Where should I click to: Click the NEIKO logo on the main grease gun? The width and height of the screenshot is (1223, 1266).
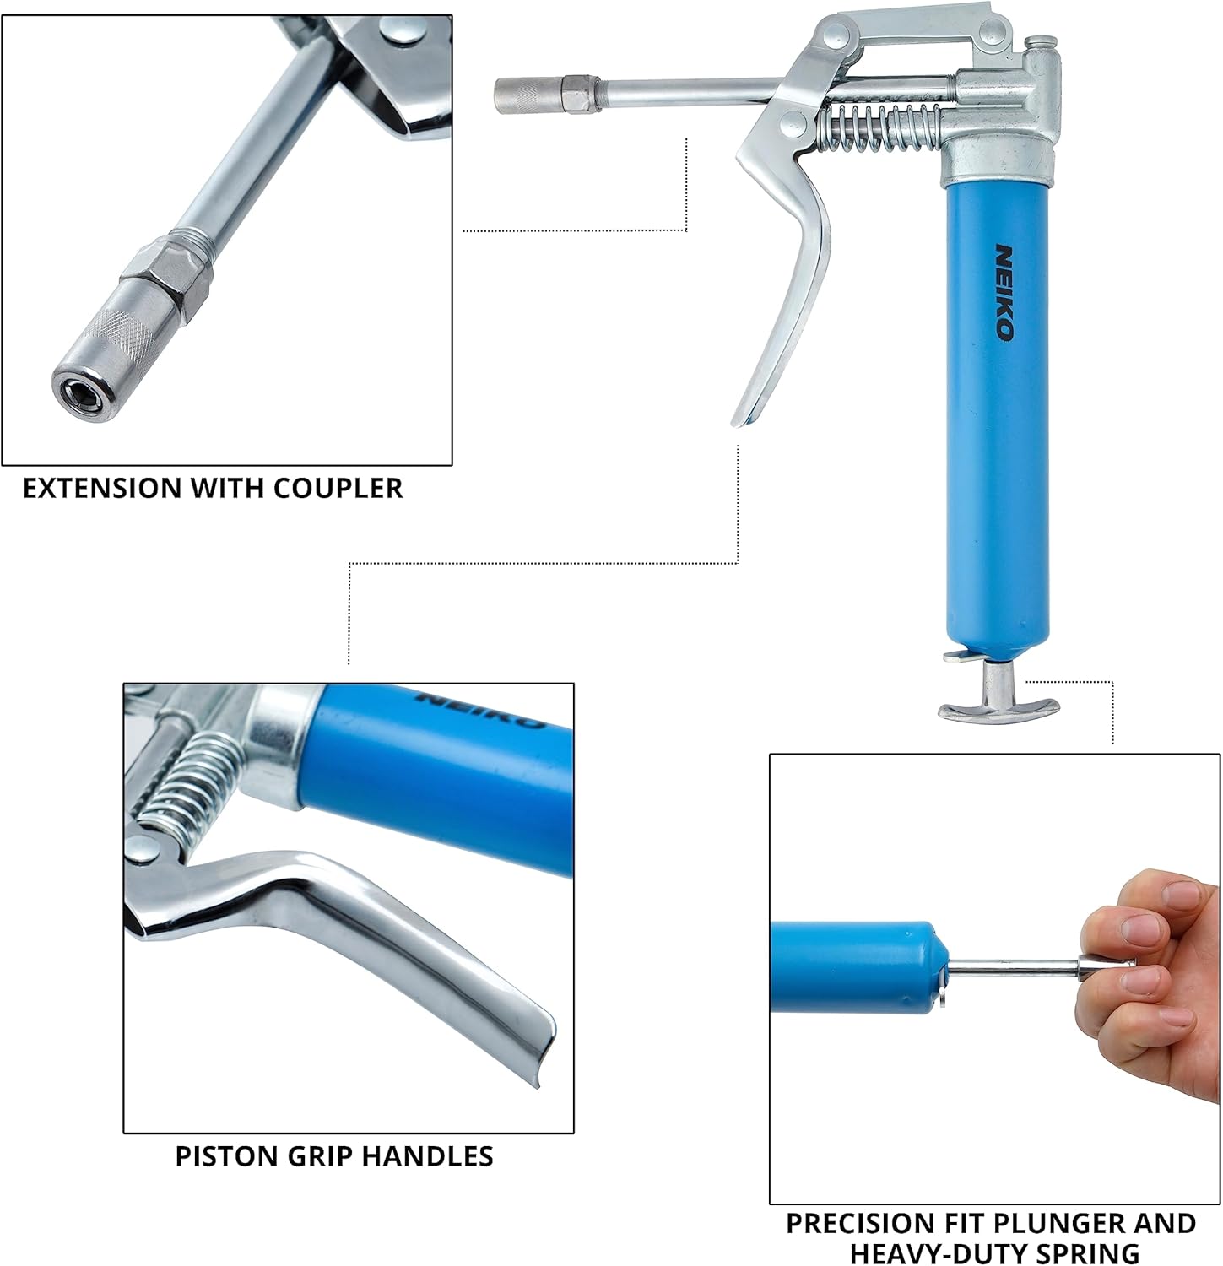point(1004,292)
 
